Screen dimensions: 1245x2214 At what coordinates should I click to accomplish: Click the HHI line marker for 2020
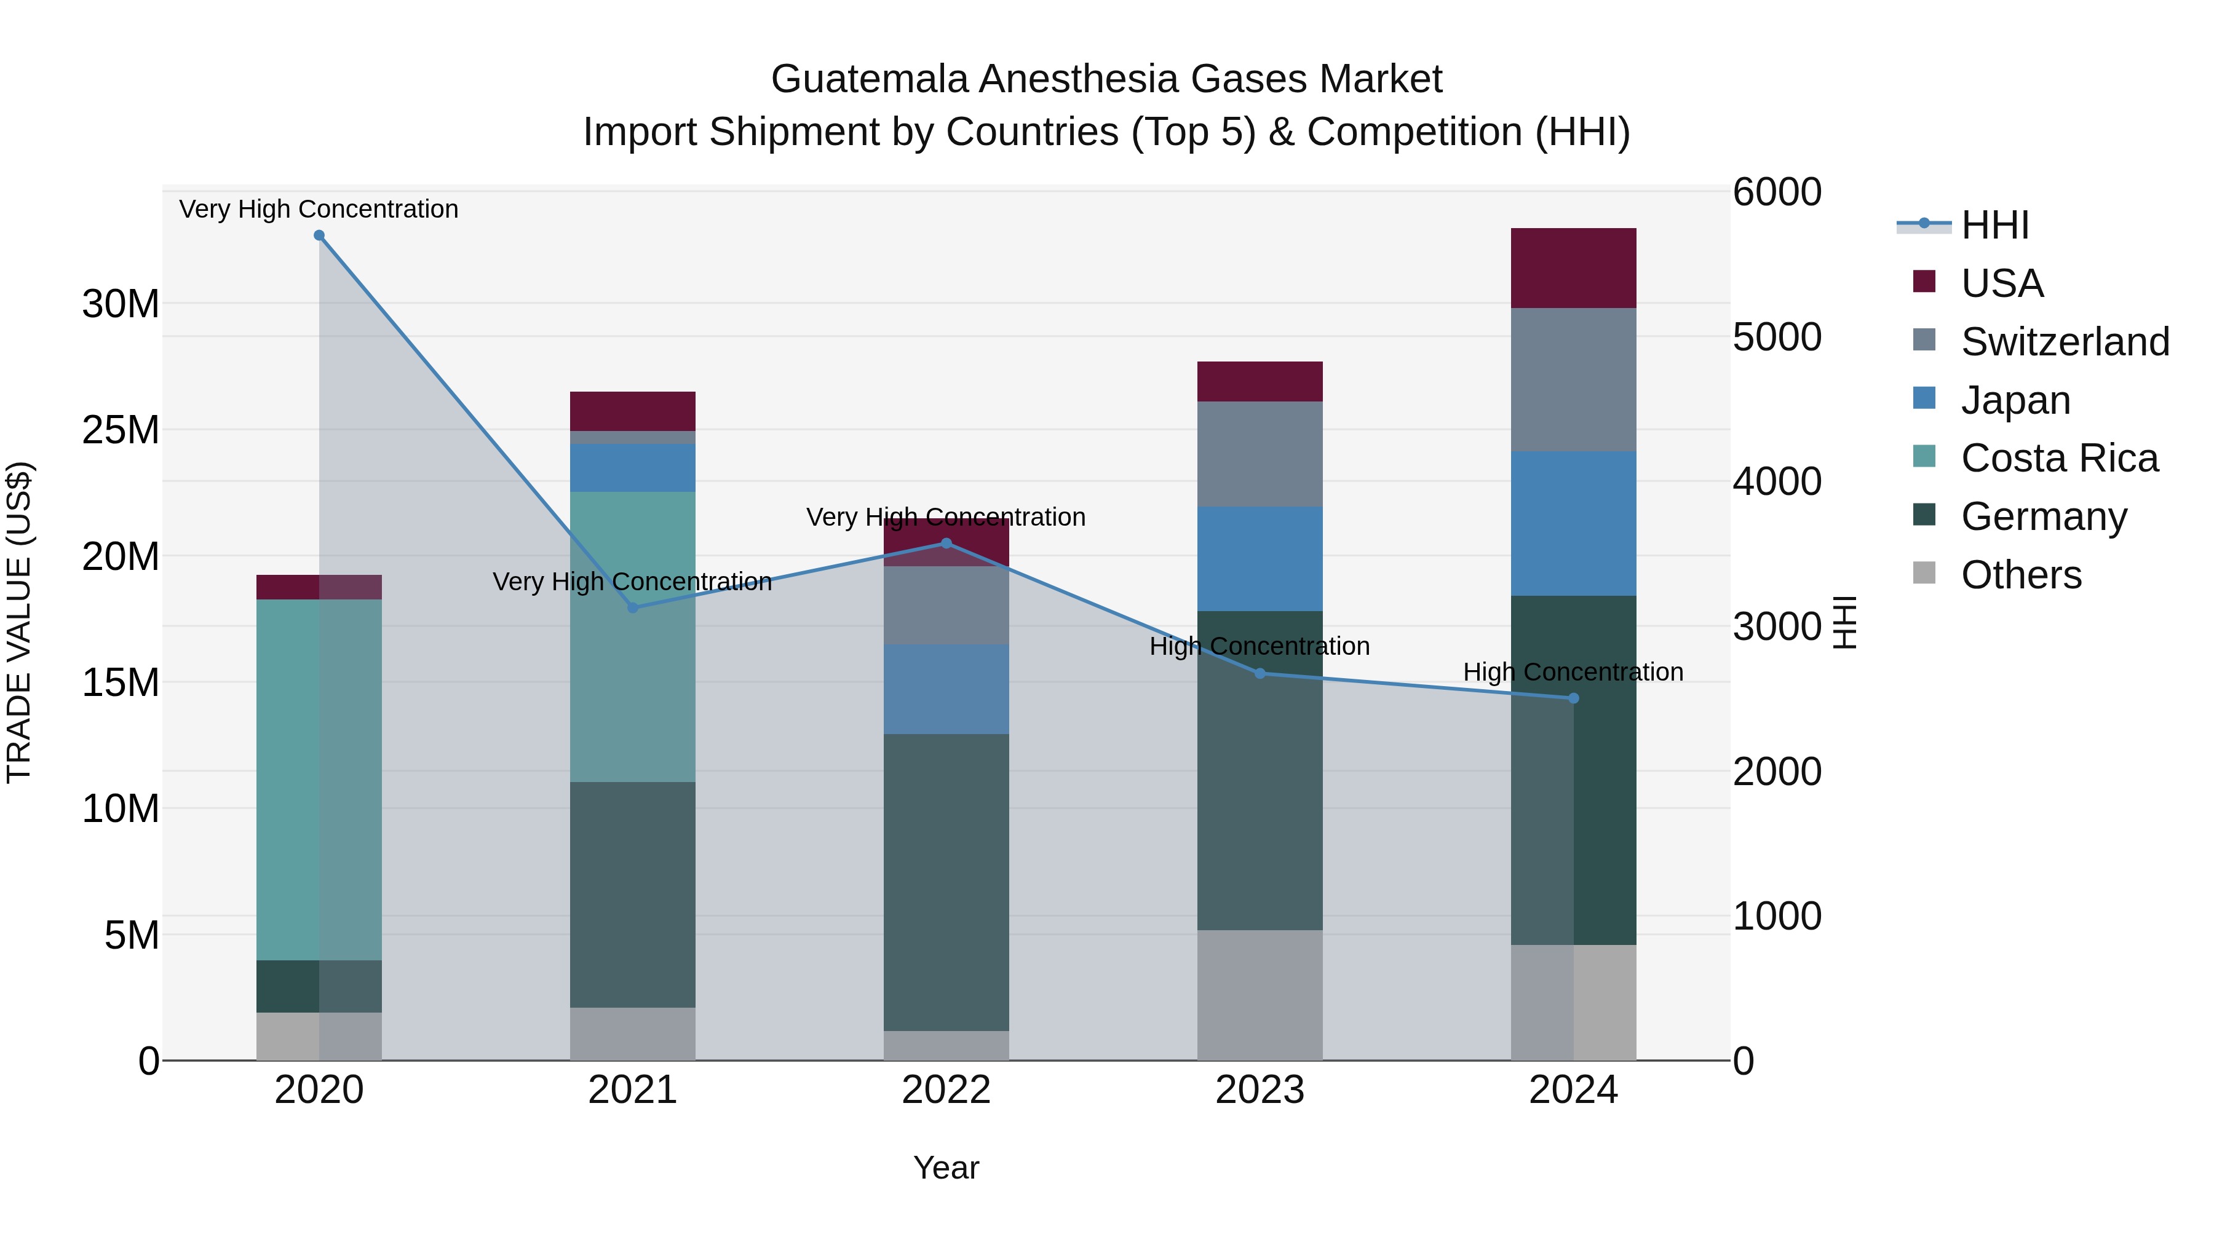pos(319,235)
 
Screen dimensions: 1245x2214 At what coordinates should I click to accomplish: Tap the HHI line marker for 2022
pos(946,543)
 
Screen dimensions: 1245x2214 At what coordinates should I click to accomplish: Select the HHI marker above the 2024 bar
pos(1574,698)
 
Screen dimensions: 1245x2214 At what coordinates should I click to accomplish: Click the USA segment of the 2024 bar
pos(1574,268)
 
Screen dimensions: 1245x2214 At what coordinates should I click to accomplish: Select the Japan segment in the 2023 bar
pos(1260,558)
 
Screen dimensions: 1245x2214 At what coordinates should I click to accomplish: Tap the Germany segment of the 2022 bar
pos(946,882)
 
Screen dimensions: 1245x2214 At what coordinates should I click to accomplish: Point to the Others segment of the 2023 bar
pos(1260,995)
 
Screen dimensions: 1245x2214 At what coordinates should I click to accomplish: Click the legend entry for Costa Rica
pos(2059,458)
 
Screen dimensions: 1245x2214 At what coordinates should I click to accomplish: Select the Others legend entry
pos(2021,575)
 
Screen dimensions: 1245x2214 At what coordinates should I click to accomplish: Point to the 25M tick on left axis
pos(121,430)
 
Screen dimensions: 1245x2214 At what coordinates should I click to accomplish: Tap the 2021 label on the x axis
pos(633,1090)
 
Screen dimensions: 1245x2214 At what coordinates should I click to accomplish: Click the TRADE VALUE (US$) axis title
pos(19,622)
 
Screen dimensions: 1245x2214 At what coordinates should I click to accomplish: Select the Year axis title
pos(946,1168)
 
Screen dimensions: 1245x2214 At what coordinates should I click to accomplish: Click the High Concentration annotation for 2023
pos(1260,646)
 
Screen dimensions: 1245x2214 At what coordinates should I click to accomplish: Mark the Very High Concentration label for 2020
pos(319,209)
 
